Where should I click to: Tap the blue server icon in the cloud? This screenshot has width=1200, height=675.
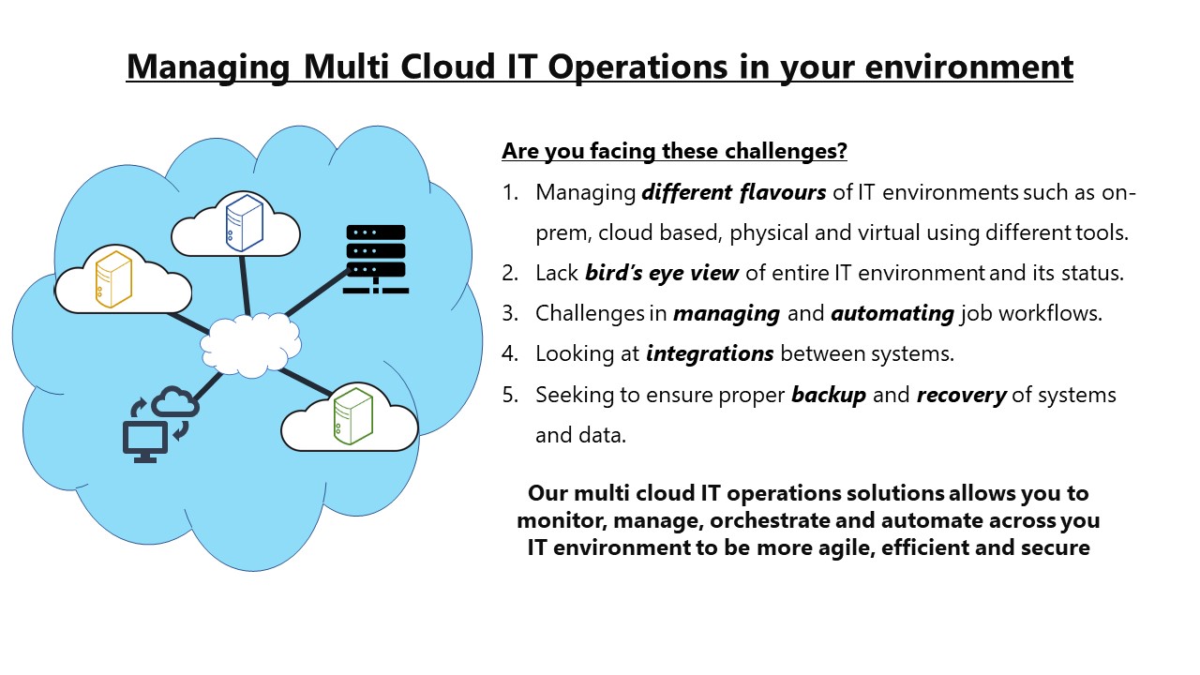pos(244,222)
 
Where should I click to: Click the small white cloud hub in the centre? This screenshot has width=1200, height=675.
pos(250,345)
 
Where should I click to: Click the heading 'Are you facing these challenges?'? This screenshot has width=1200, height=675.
pos(674,150)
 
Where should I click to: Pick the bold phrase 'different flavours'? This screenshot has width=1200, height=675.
pos(733,193)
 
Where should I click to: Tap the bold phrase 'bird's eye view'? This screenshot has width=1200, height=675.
pos(662,273)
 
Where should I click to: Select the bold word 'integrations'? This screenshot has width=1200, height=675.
pos(710,353)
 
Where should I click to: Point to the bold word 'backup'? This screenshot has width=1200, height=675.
pos(829,395)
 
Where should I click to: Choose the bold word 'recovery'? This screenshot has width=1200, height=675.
pos(961,395)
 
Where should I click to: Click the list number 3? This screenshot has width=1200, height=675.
pos(510,313)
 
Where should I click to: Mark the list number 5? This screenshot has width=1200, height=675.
pos(510,395)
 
